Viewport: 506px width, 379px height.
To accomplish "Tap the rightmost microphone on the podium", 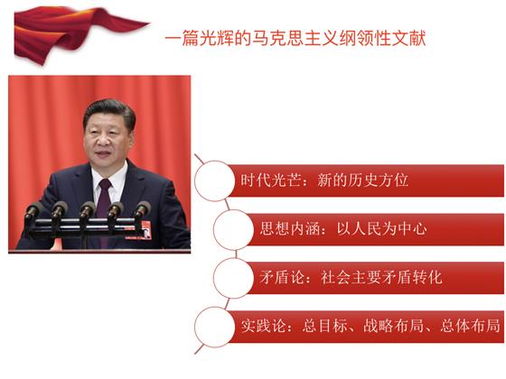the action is [x=142, y=209].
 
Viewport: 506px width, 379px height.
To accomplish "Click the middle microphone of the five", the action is [x=87, y=210].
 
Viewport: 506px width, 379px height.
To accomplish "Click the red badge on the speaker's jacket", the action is [x=145, y=229].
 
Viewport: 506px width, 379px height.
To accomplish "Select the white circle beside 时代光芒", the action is [x=214, y=180].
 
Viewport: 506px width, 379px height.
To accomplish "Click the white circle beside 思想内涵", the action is [x=233, y=229].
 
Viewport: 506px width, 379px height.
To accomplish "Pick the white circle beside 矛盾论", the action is [x=233, y=278].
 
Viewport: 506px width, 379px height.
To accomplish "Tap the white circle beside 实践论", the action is [x=214, y=327].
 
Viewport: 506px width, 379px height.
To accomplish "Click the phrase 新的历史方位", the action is [x=362, y=180].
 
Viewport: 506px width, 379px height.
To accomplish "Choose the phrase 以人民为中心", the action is [x=381, y=229].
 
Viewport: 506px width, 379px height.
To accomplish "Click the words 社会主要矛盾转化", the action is [x=381, y=278].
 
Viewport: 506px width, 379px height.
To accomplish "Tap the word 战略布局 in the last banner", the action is [x=393, y=326].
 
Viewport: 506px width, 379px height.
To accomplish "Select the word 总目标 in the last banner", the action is [x=325, y=326].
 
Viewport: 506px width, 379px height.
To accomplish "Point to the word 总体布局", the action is [x=470, y=326].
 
